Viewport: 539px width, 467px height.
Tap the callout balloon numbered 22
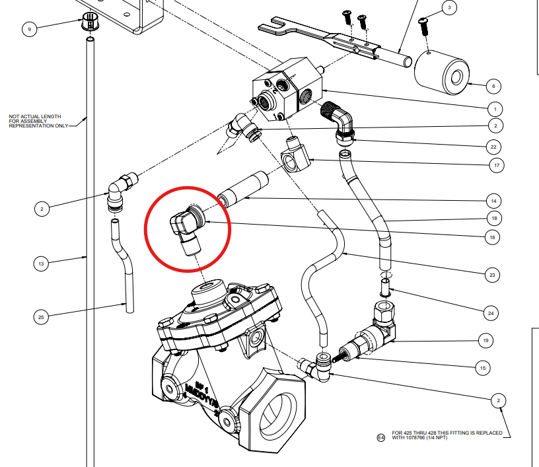point(494,146)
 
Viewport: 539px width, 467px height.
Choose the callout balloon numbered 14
point(493,200)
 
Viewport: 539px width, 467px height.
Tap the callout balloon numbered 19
point(485,341)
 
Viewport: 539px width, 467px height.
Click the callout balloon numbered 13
point(42,264)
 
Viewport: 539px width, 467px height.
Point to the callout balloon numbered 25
point(42,317)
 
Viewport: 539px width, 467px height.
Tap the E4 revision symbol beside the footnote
point(380,437)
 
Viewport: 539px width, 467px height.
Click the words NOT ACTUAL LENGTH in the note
point(31,117)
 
